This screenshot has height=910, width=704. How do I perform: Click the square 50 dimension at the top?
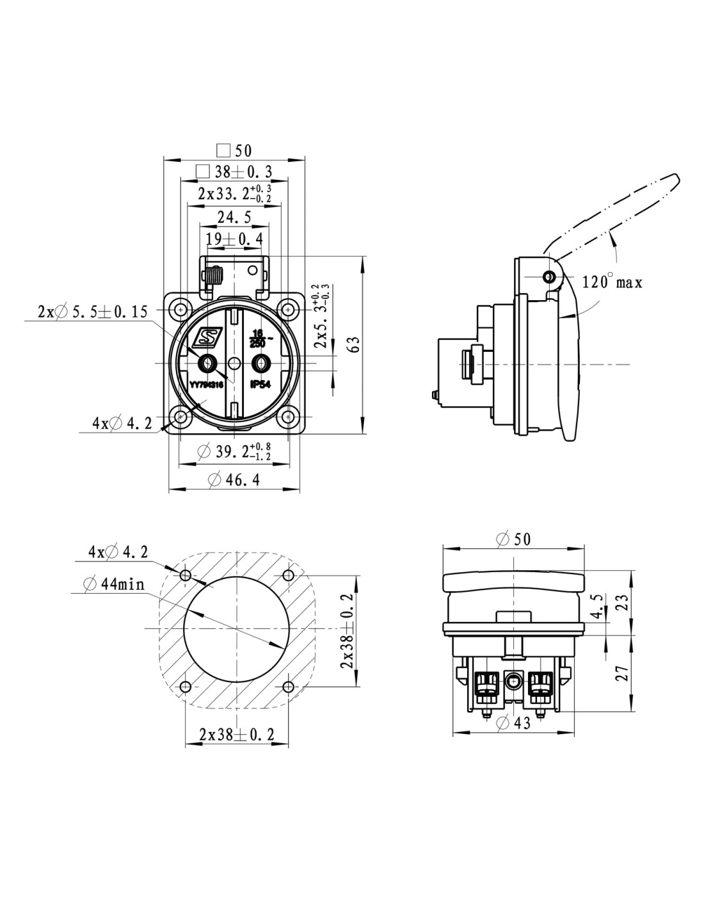click(x=234, y=151)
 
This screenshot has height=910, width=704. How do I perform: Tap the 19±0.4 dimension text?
click(x=234, y=239)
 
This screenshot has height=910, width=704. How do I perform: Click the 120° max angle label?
click(x=612, y=282)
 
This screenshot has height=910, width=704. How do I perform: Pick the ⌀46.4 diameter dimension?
click(x=234, y=479)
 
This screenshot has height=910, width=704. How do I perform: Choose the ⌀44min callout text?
click(x=114, y=584)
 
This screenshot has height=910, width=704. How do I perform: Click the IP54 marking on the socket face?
click(x=260, y=385)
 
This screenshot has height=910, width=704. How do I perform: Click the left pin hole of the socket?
click(x=207, y=363)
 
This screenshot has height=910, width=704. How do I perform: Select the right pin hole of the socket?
click(x=259, y=363)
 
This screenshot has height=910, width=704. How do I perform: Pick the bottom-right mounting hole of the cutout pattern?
click(x=288, y=687)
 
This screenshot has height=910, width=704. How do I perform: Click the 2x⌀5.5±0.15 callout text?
click(x=93, y=312)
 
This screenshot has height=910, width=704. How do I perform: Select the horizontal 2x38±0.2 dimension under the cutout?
click(x=236, y=735)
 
